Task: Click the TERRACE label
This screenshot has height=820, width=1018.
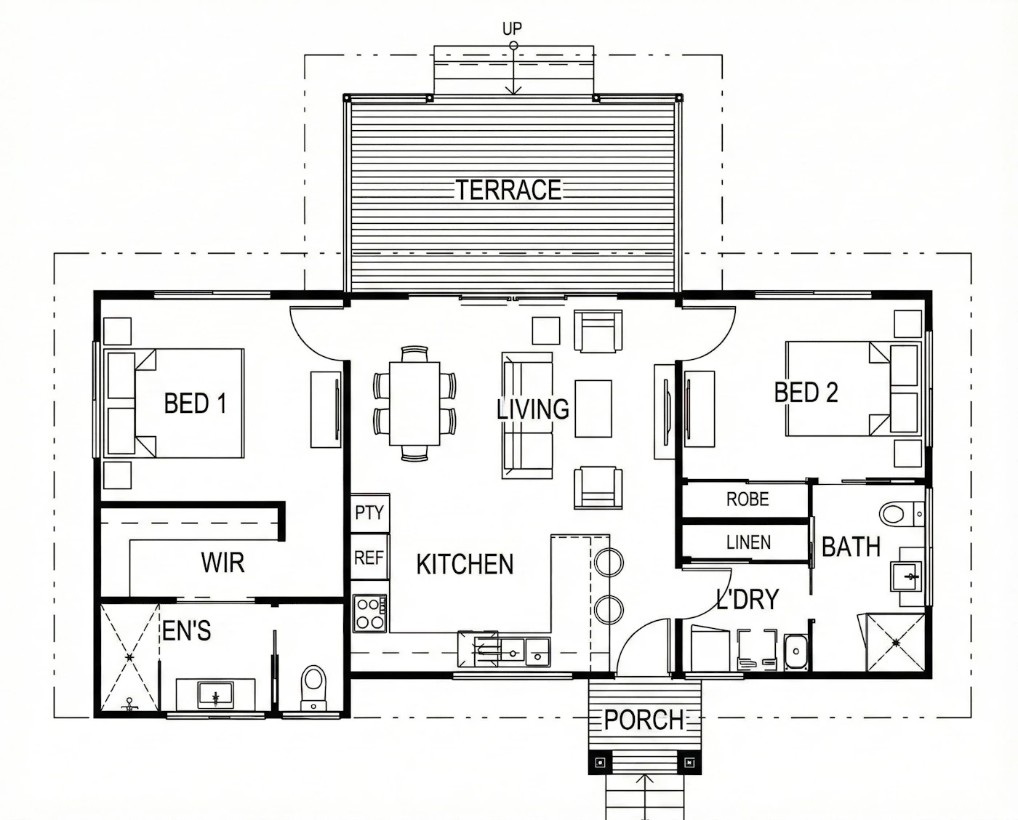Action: coord(508,190)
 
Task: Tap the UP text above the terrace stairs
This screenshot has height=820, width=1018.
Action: coord(513,29)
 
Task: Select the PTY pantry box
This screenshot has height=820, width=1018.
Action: coord(370,512)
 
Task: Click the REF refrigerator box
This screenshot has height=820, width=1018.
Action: coord(370,558)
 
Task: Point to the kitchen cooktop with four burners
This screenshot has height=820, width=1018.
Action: coord(370,614)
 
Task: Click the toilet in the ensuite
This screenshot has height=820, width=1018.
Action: coord(313,688)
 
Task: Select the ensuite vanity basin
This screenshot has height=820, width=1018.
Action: coord(216,695)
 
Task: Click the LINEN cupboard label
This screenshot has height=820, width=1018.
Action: coord(748,542)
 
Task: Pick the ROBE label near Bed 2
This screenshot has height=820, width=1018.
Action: coord(748,499)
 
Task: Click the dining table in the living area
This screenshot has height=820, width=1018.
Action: coord(414,403)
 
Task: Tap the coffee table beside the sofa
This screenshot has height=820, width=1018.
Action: coord(593,409)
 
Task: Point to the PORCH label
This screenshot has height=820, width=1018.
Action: coord(644,720)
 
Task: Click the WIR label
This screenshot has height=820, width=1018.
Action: coord(223,562)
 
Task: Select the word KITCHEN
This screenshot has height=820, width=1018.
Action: coord(465,564)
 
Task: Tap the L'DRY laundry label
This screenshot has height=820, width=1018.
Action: coord(748,599)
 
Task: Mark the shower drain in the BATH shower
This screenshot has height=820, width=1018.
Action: coord(896,643)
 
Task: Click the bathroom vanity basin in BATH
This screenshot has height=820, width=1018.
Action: coord(906,577)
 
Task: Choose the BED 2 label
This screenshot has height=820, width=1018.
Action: coord(806,393)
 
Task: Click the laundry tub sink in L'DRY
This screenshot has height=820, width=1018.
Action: coord(797,651)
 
